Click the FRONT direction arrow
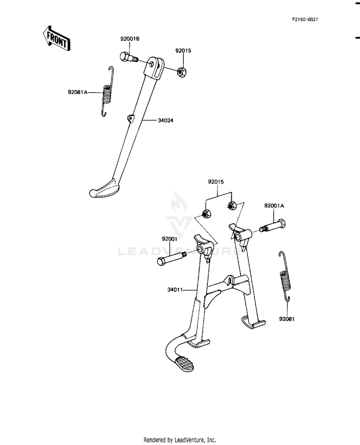coord(56,38)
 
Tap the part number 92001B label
coord(130,39)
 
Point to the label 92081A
coord(77,92)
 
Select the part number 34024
coord(166,120)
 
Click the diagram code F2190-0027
coord(305,19)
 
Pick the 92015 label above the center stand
coord(216,181)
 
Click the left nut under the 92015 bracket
coord(206,214)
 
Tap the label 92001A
coord(274,206)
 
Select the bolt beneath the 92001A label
coord(272,226)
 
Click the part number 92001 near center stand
coord(169,239)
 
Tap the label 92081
coord(287,319)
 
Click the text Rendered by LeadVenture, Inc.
coord(180,440)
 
